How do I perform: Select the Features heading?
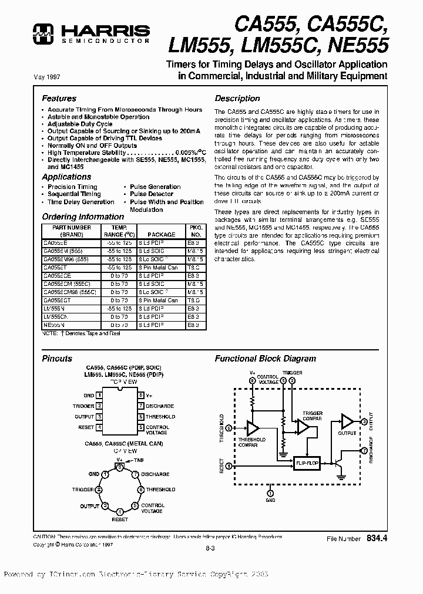coord(59,99)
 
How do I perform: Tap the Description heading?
coord(237,99)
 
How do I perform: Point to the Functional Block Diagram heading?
coord(265,359)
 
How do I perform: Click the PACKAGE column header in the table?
coord(161,234)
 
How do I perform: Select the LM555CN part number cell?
coord(56,316)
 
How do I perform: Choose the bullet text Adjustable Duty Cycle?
coord(80,124)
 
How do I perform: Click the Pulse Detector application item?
coord(152,194)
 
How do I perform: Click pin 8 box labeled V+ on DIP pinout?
coord(141,396)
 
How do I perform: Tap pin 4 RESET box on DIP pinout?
coord(100,427)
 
